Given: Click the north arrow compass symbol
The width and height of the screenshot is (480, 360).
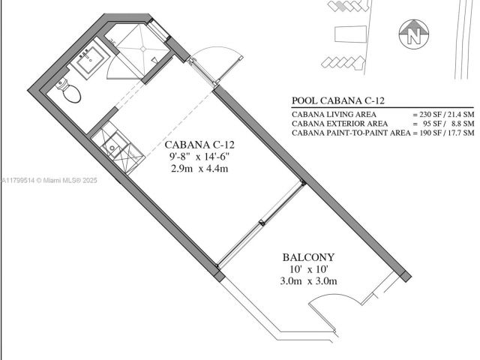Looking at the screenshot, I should click(x=413, y=34).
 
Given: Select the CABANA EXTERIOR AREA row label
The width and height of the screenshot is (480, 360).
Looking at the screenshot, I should click(x=340, y=123).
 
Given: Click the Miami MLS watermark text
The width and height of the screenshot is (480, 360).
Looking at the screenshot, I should click(x=48, y=180).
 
